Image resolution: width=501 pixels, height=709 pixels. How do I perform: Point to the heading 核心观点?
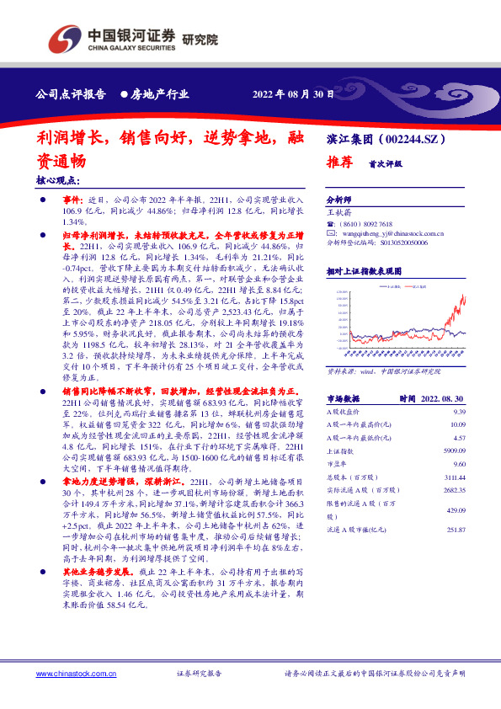point(58,180)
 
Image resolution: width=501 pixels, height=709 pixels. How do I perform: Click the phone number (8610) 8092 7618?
point(365,224)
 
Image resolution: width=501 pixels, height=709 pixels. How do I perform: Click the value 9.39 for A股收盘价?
point(459,411)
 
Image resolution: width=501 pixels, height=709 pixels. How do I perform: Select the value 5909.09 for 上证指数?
point(454,450)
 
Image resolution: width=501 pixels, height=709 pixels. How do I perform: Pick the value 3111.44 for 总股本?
point(454,476)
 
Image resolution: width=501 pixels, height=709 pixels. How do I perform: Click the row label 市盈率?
point(337,463)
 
